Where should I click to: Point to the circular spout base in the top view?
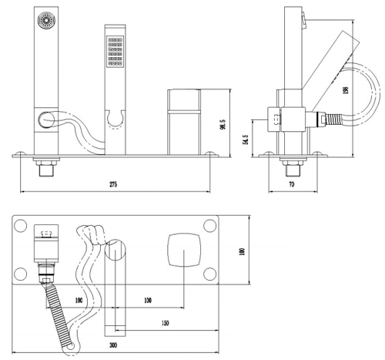[x=114, y=249]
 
